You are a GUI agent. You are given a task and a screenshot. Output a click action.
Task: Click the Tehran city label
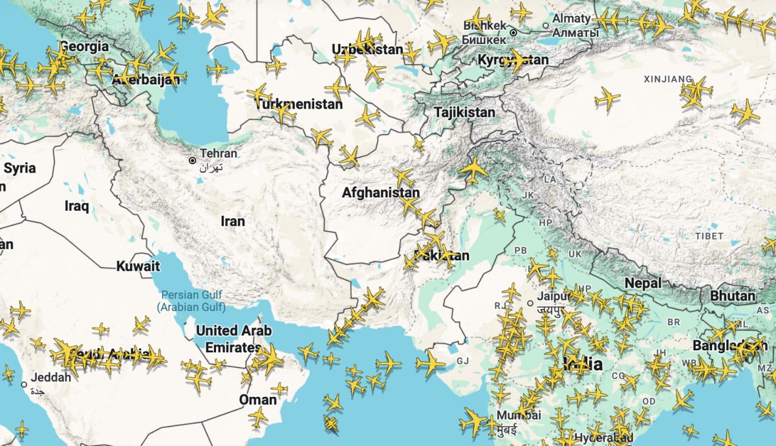[219, 154]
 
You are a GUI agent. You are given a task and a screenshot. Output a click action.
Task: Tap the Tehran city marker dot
[192, 160]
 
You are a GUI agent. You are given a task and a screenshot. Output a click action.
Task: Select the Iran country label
[233, 222]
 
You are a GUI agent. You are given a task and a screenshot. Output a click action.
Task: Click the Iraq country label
[76, 206]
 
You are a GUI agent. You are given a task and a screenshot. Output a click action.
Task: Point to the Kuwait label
[138, 266]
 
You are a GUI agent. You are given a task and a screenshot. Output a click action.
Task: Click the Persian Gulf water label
[191, 301]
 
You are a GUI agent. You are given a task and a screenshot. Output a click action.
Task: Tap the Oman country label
[257, 399]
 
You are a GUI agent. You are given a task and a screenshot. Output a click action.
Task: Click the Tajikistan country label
[464, 112]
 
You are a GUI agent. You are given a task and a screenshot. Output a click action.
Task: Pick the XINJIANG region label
[668, 80]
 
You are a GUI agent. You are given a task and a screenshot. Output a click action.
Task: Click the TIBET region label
[709, 236]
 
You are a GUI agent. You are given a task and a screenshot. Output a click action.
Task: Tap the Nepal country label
[643, 283]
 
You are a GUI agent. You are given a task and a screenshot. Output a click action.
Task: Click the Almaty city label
[571, 19]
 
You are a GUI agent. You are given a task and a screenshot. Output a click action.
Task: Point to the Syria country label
[19, 169]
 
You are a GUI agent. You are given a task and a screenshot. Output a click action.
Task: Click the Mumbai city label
[514, 415]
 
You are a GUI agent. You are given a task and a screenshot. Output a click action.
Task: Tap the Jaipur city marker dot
[530, 303]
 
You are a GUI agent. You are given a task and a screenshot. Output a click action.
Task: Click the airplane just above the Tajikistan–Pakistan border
[473, 169]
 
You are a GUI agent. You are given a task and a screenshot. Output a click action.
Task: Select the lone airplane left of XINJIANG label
[607, 98]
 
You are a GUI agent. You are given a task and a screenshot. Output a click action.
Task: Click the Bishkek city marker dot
[513, 32]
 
